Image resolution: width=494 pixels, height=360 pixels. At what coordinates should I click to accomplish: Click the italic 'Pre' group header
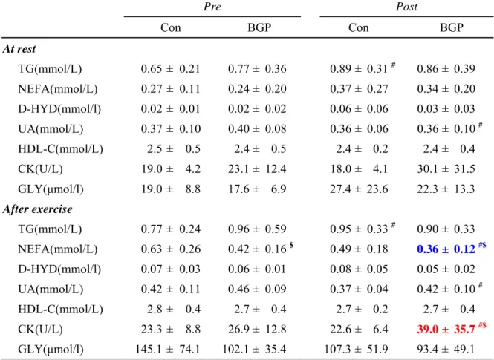point(212,7)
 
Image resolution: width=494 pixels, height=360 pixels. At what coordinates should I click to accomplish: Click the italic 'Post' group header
point(406,7)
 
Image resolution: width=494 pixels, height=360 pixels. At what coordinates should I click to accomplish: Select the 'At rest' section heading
point(19,49)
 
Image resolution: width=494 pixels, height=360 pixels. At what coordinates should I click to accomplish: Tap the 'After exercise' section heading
point(37,209)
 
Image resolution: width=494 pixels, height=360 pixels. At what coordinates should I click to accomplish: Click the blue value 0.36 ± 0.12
point(446,249)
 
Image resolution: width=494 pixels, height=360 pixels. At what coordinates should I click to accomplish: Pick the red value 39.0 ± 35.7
point(446,329)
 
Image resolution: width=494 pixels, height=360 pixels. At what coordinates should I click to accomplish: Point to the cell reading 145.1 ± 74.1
point(168,349)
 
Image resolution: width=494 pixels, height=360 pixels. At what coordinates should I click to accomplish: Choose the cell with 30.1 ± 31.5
point(446,169)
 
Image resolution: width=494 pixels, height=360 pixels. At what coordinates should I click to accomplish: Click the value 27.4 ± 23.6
point(359,189)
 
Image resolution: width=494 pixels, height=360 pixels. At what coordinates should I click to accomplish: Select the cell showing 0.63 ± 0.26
point(170,249)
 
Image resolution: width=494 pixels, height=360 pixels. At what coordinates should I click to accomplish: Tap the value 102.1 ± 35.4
point(254,349)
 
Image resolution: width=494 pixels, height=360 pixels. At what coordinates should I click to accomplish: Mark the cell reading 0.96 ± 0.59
point(257,229)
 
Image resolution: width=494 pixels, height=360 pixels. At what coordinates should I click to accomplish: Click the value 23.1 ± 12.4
point(257,169)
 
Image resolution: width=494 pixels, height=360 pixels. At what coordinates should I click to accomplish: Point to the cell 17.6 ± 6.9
point(257,189)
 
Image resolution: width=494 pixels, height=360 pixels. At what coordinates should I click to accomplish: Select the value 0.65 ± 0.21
point(170,68)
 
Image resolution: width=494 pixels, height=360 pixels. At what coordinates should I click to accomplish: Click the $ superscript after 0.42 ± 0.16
point(291,244)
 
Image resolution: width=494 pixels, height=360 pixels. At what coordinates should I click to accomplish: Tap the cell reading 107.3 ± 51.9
point(356,349)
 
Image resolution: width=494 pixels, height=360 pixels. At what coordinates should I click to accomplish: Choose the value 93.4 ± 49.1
point(446,349)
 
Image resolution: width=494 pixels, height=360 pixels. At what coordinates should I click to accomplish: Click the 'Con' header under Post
point(359,27)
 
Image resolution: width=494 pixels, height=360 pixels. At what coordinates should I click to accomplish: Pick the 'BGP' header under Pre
point(259,27)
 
